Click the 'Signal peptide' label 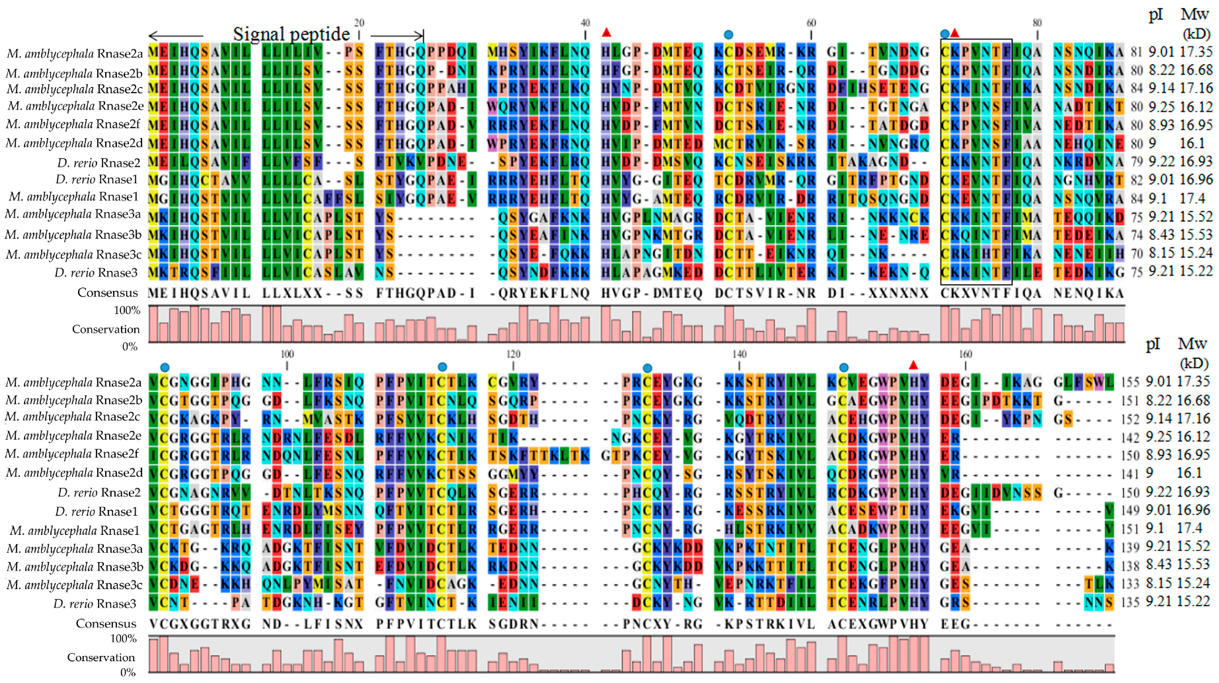[x=291, y=34]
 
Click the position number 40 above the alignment [x=585, y=22]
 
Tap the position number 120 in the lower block [x=514, y=354]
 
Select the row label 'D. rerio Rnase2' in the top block [x=98, y=163]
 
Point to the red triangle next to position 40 [x=607, y=32]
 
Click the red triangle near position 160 [x=914, y=365]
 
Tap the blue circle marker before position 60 [x=728, y=34]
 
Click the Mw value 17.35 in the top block [x=1196, y=52]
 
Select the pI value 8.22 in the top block [x=1160, y=70]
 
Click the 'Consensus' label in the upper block [x=107, y=293]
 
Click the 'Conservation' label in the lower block [x=100, y=657]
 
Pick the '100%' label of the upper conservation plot [x=127, y=310]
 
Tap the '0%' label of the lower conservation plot [x=128, y=672]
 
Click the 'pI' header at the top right [x=1156, y=15]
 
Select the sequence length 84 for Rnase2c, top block [x=1136, y=89]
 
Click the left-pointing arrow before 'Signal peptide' [x=175, y=35]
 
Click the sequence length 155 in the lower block [x=1130, y=382]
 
